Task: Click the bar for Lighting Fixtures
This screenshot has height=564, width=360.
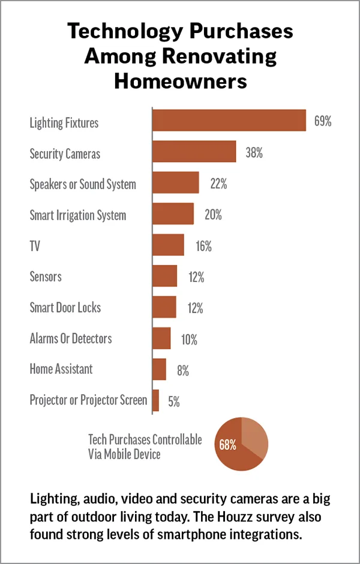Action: (229, 121)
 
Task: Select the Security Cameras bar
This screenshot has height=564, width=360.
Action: (194, 152)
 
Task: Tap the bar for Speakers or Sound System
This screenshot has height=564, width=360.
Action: (175, 182)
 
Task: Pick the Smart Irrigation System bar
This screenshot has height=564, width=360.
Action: (173, 214)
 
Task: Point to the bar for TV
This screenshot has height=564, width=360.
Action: (168, 245)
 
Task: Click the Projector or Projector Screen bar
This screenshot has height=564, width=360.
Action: (156, 400)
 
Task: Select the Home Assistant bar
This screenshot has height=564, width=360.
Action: (159, 369)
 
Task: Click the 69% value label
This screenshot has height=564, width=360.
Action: (323, 121)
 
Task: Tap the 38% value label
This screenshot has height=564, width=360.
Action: (254, 152)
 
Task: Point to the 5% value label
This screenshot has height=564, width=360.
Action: (174, 401)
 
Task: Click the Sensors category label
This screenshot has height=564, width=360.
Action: (46, 277)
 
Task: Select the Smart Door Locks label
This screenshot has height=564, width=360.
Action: (65, 307)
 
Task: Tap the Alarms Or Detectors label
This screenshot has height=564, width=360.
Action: (71, 338)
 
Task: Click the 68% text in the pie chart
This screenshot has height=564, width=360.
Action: (228, 445)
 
